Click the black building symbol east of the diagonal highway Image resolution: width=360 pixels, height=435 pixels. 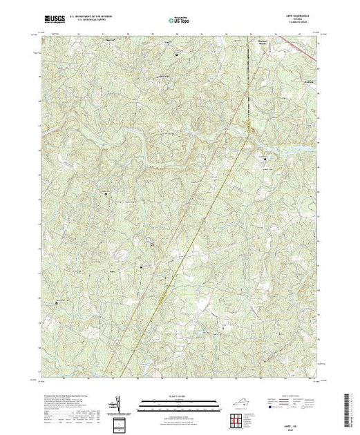266,159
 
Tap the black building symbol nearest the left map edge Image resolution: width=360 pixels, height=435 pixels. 57,302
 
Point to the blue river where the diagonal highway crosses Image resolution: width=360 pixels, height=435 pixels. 222,137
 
